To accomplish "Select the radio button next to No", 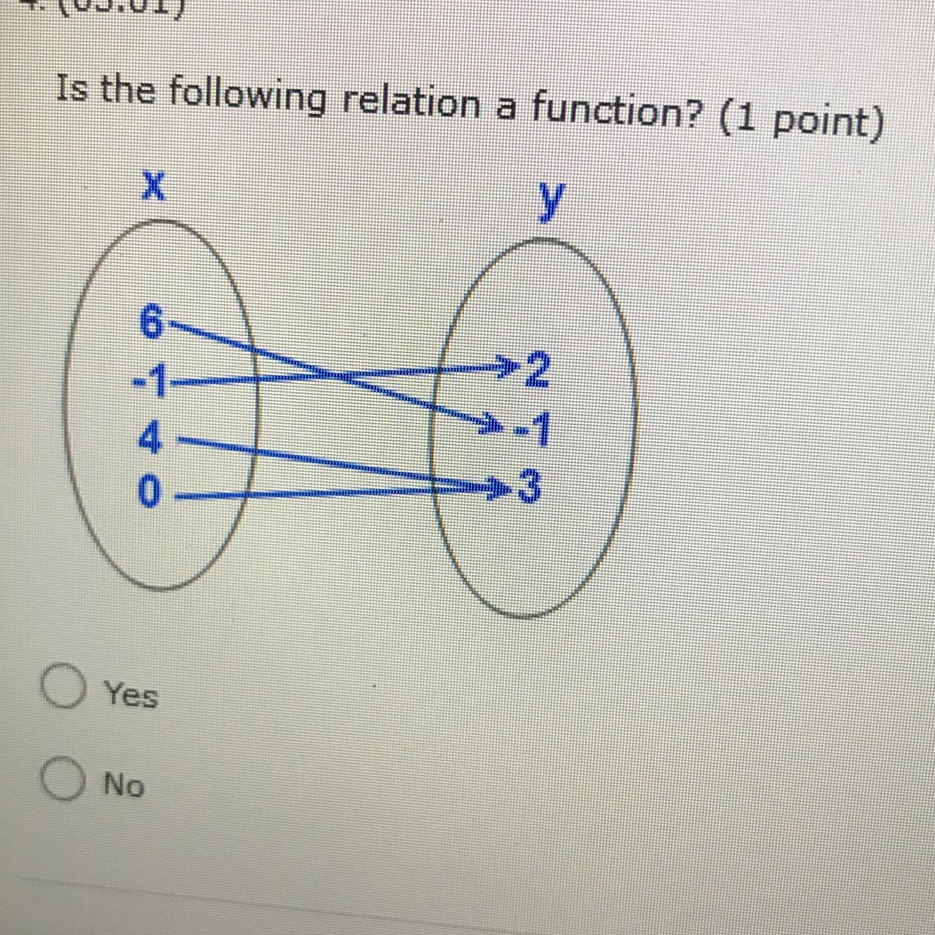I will coord(62,781).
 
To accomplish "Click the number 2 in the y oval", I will coord(537,368).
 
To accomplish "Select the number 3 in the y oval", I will coord(530,489).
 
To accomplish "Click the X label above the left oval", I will coord(154,188).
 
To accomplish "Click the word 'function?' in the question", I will coord(616,113).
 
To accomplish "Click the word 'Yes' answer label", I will coord(132,693).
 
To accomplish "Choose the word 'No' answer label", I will coord(125,785).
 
